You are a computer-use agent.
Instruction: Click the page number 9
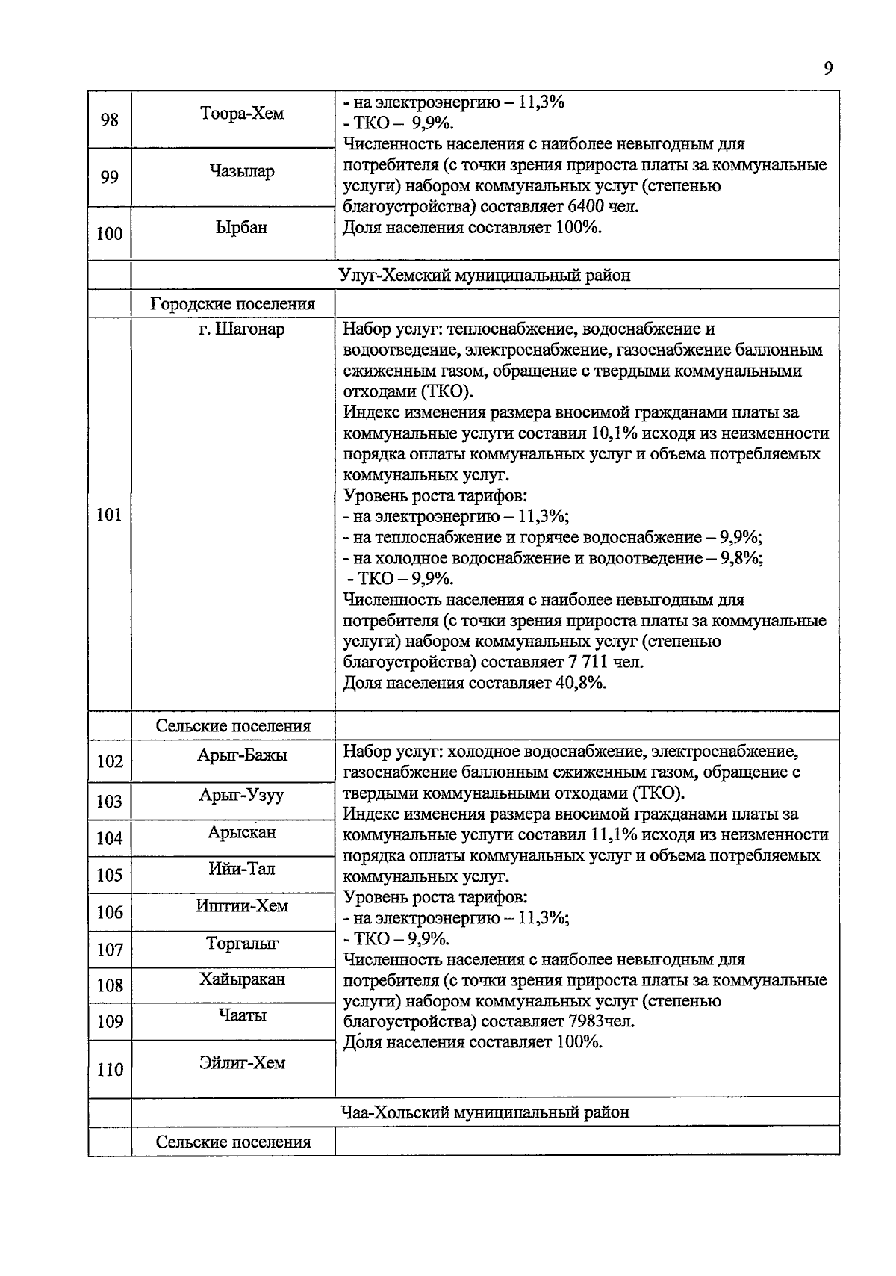point(827,69)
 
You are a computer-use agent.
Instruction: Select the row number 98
point(109,120)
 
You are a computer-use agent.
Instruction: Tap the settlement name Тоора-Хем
point(242,114)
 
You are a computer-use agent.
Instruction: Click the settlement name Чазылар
point(242,171)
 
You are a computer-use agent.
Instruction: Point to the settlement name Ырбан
point(241,227)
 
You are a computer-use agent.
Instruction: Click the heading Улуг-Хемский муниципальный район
point(484,275)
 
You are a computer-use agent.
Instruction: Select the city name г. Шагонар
point(241,329)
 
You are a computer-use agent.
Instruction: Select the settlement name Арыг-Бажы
point(242,755)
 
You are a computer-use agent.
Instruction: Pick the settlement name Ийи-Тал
point(242,868)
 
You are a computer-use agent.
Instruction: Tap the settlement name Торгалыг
point(242,943)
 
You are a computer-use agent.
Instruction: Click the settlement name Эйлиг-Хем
point(242,1062)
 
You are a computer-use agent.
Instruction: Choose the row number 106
point(109,912)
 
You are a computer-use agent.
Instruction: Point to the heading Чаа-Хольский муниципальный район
point(484,1112)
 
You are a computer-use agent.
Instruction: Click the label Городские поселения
point(232,304)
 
